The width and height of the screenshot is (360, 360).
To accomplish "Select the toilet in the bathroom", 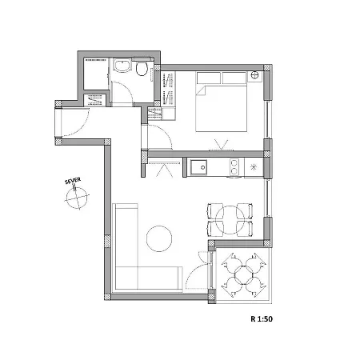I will tap(142, 72).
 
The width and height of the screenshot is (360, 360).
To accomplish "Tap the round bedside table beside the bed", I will tap(255, 77).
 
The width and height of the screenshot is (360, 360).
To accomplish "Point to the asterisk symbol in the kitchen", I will tap(254, 167).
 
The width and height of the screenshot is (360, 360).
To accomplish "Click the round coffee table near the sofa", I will tap(159, 238).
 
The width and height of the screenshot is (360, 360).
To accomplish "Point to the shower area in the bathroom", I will tap(95, 74).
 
